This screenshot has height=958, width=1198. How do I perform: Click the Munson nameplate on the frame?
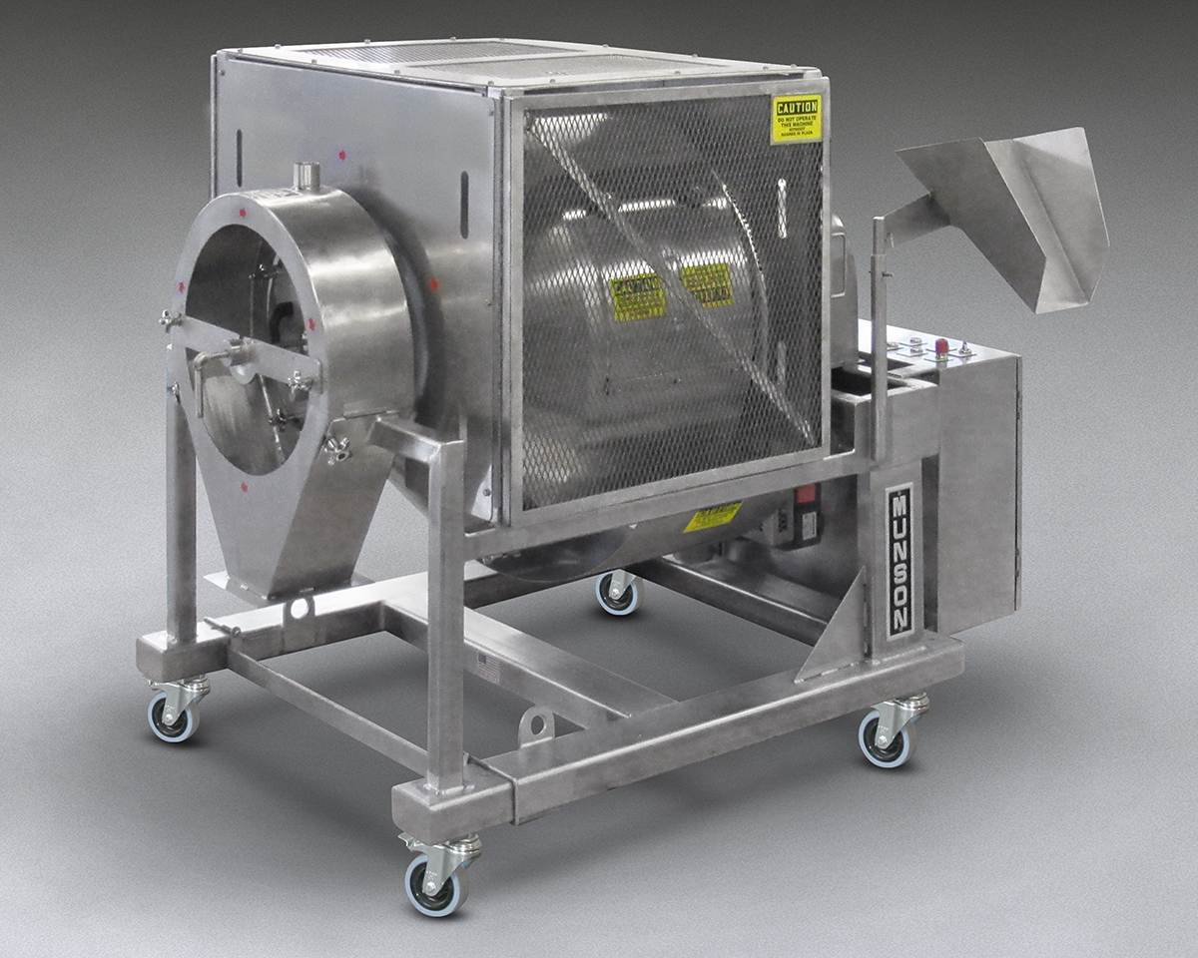tap(898, 561)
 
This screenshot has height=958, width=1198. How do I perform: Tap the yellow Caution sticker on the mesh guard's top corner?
tap(796, 119)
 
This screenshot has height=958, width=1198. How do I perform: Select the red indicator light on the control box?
tap(940, 346)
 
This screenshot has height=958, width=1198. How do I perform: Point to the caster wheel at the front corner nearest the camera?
tap(435, 882)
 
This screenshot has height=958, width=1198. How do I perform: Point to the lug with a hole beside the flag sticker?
tap(536, 725)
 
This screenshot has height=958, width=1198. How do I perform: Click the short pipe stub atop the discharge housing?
tap(306, 177)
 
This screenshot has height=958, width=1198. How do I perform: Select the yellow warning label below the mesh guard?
tap(712, 517)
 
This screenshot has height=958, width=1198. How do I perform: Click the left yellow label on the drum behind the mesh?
tap(638, 296)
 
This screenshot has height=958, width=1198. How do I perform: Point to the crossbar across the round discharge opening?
tap(245, 354)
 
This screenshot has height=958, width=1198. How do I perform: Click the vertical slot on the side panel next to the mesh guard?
tap(463, 205)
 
